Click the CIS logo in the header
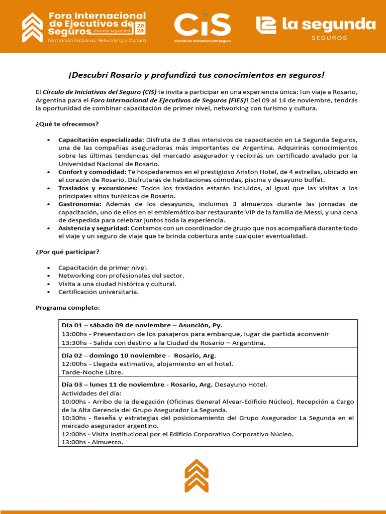(x=203, y=27)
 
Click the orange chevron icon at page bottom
(x=196, y=475)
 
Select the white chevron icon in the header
(x=33, y=28)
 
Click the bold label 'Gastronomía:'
(x=80, y=204)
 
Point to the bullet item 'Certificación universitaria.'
(x=99, y=292)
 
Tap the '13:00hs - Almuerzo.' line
(x=92, y=442)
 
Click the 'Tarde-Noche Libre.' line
(x=92, y=372)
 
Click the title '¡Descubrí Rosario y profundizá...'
(x=197, y=75)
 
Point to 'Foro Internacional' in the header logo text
(x=97, y=16)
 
